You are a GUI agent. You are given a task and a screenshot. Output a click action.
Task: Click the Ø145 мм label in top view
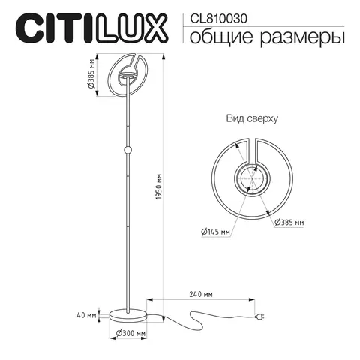[x=215, y=232]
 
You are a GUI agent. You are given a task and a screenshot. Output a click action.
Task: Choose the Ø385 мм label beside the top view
[x=289, y=223]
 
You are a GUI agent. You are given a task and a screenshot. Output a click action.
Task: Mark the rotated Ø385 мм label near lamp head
[x=90, y=74]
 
